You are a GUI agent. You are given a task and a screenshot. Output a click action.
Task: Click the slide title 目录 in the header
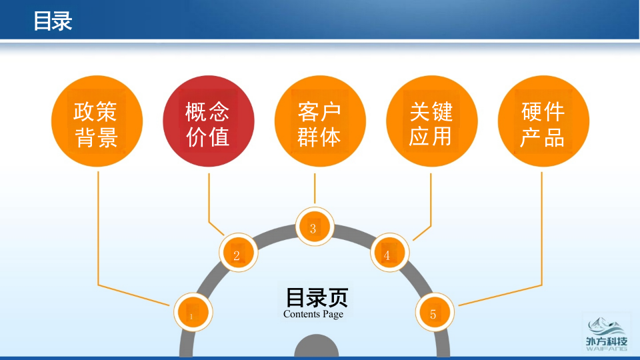pos(53,21)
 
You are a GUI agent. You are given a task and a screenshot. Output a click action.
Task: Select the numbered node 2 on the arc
pos(238,253)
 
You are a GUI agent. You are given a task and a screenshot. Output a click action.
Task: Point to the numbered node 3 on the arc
pos(314,227)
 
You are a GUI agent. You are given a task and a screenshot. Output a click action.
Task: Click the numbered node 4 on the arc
pos(389,253)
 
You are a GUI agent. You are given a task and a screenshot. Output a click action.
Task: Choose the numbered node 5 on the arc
pos(435,313)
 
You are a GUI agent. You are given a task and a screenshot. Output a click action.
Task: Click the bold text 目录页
pos(317,297)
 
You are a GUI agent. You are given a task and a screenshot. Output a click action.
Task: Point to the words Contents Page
pos(313,314)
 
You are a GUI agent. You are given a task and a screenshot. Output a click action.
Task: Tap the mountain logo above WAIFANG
pos(607,327)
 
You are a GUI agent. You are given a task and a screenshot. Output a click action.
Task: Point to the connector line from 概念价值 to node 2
pos(209,200)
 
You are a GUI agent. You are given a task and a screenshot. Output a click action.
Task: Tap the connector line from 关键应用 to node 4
pos(431,200)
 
